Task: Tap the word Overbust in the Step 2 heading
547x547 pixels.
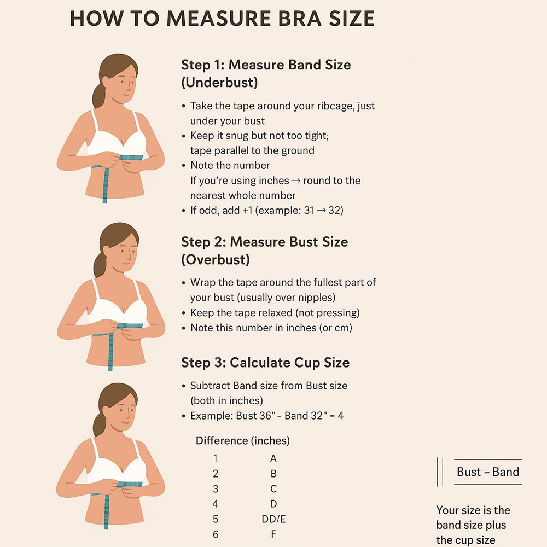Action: [216, 260]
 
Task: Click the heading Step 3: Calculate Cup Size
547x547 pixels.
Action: [265, 363]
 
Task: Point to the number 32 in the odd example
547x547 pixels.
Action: [334, 211]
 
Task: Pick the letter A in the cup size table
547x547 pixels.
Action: [273, 458]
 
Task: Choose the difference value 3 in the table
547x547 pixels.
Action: [216, 488]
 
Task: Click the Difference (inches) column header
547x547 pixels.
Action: [242, 440]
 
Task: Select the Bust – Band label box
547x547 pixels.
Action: [487, 472]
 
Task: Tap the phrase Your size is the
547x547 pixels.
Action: [473, 510]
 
